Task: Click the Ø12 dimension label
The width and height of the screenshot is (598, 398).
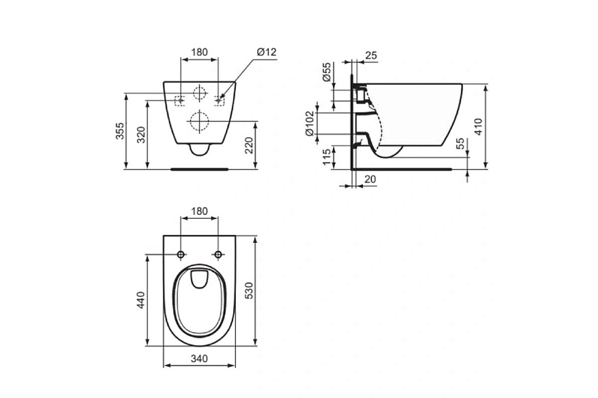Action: click(266, 52)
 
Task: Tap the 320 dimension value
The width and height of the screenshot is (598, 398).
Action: click(141, 135)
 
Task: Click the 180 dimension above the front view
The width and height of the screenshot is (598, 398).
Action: click(199, 52)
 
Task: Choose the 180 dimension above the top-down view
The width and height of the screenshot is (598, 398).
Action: click(199, 212)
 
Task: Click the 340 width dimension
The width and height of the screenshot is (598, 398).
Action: click(199, 359)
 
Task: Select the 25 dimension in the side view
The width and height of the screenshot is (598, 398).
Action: click(371, 56)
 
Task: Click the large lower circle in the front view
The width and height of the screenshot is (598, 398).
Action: click(199, 121)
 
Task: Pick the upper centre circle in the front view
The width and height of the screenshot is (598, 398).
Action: click(199, 94)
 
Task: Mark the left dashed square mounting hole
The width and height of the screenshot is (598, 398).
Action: click(179, 101)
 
